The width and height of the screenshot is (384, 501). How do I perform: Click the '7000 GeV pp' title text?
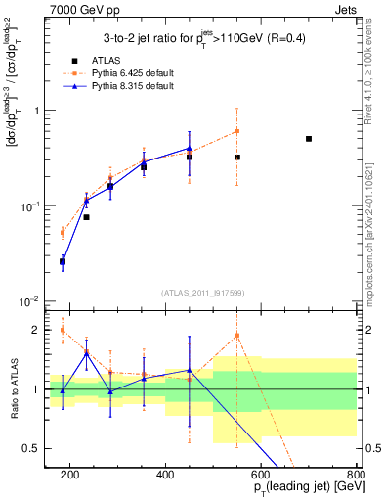pyautogui.click(x=83, y=8)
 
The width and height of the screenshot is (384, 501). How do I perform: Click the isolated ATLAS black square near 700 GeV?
pyautogui.click(x=309, y=139)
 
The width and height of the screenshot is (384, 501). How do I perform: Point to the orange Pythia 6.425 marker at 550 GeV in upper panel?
pyautogui.click(x=237, y=131)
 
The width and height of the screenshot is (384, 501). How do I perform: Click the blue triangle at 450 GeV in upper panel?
pyautogui.click(x=190, y=149)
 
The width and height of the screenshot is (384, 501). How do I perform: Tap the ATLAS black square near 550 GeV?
pyautogui.click(x=237, y=157)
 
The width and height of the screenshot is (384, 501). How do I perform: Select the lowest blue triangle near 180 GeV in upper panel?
pyautogui.click(x=63, y=261)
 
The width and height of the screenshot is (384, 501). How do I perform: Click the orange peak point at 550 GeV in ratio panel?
pyautogui.click(x=237, y=336)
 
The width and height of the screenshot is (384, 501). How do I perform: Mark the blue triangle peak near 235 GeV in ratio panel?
pyautogui.click(x=86, y=352)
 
